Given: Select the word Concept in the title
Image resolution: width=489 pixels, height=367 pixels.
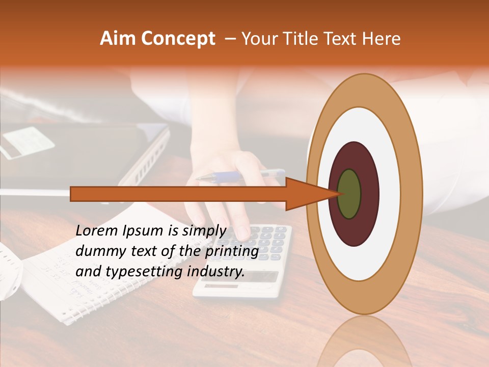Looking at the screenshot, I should coord(178,39).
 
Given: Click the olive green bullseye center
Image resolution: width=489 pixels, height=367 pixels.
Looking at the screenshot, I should coord(349,194).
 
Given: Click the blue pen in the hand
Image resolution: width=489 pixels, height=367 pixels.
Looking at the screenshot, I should coord(239,176).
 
